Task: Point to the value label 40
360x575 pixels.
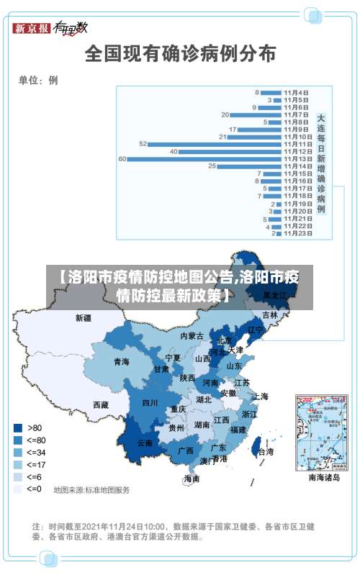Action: coord(174,152)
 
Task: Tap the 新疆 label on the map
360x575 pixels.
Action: coord(84,317)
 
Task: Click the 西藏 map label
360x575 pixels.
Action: coord(100,405)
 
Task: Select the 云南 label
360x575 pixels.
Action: coord(144,443)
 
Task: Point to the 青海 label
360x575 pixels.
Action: coord(121,361)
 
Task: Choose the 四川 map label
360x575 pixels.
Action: coord(150,403)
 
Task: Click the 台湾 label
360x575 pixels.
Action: coord(266,452)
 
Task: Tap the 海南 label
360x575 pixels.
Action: coord(192,478)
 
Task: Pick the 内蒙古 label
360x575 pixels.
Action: coord(192,335)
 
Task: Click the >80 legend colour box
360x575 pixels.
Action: coord(18,427)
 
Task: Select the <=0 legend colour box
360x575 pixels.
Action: coord(18,489)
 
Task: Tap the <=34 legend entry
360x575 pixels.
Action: coord(29,452)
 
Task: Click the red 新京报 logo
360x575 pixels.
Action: coord(32,29)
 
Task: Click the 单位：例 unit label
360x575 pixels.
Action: coord(38,81)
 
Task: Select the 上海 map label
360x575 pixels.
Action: coord(261,396)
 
